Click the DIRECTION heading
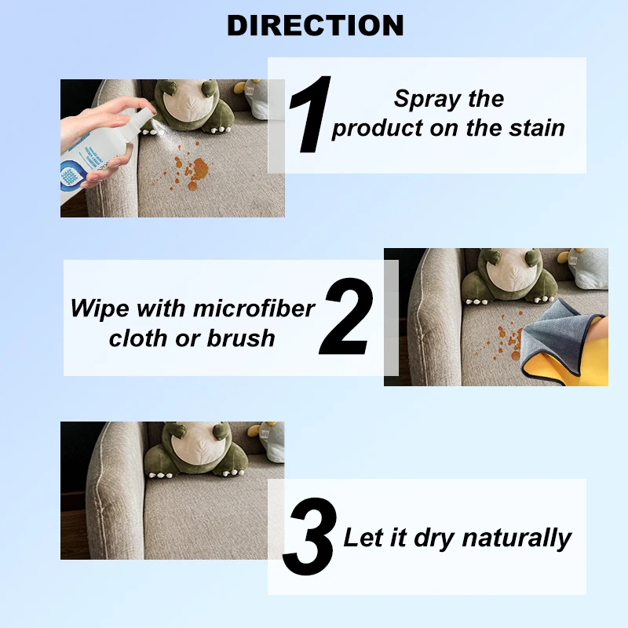pyautogui.click(x=315, y=25)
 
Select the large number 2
pyautogui.click(x=346, y=318)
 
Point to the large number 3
pyautogui.click(x=311, y=537)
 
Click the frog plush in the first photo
pyautogui.click(x=188, y=106)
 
